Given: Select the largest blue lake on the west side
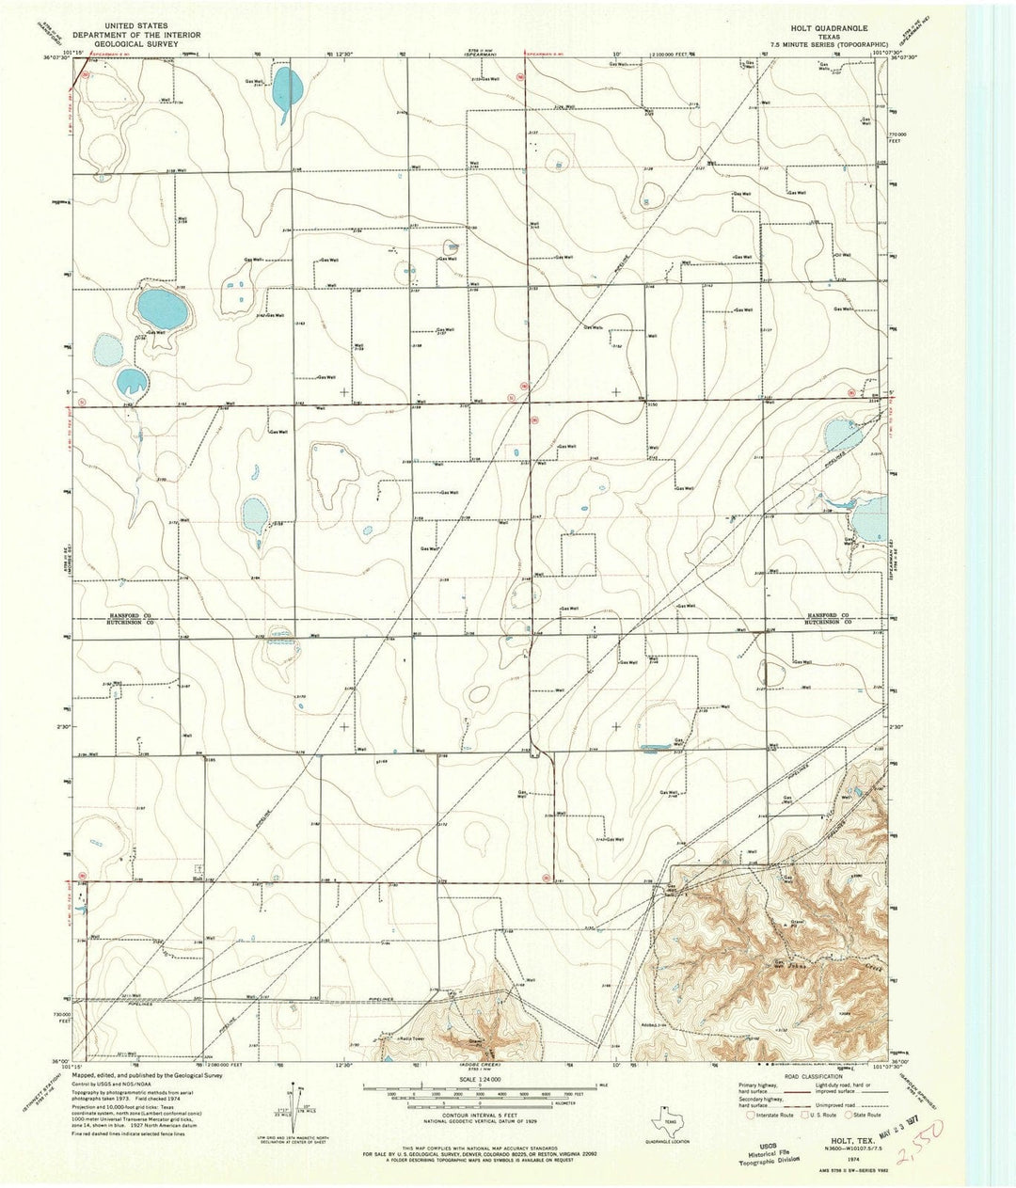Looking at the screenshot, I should click(160, 307).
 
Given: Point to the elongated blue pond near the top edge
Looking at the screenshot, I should click(287, 87).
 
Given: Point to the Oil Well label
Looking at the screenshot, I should click(848, 254).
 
